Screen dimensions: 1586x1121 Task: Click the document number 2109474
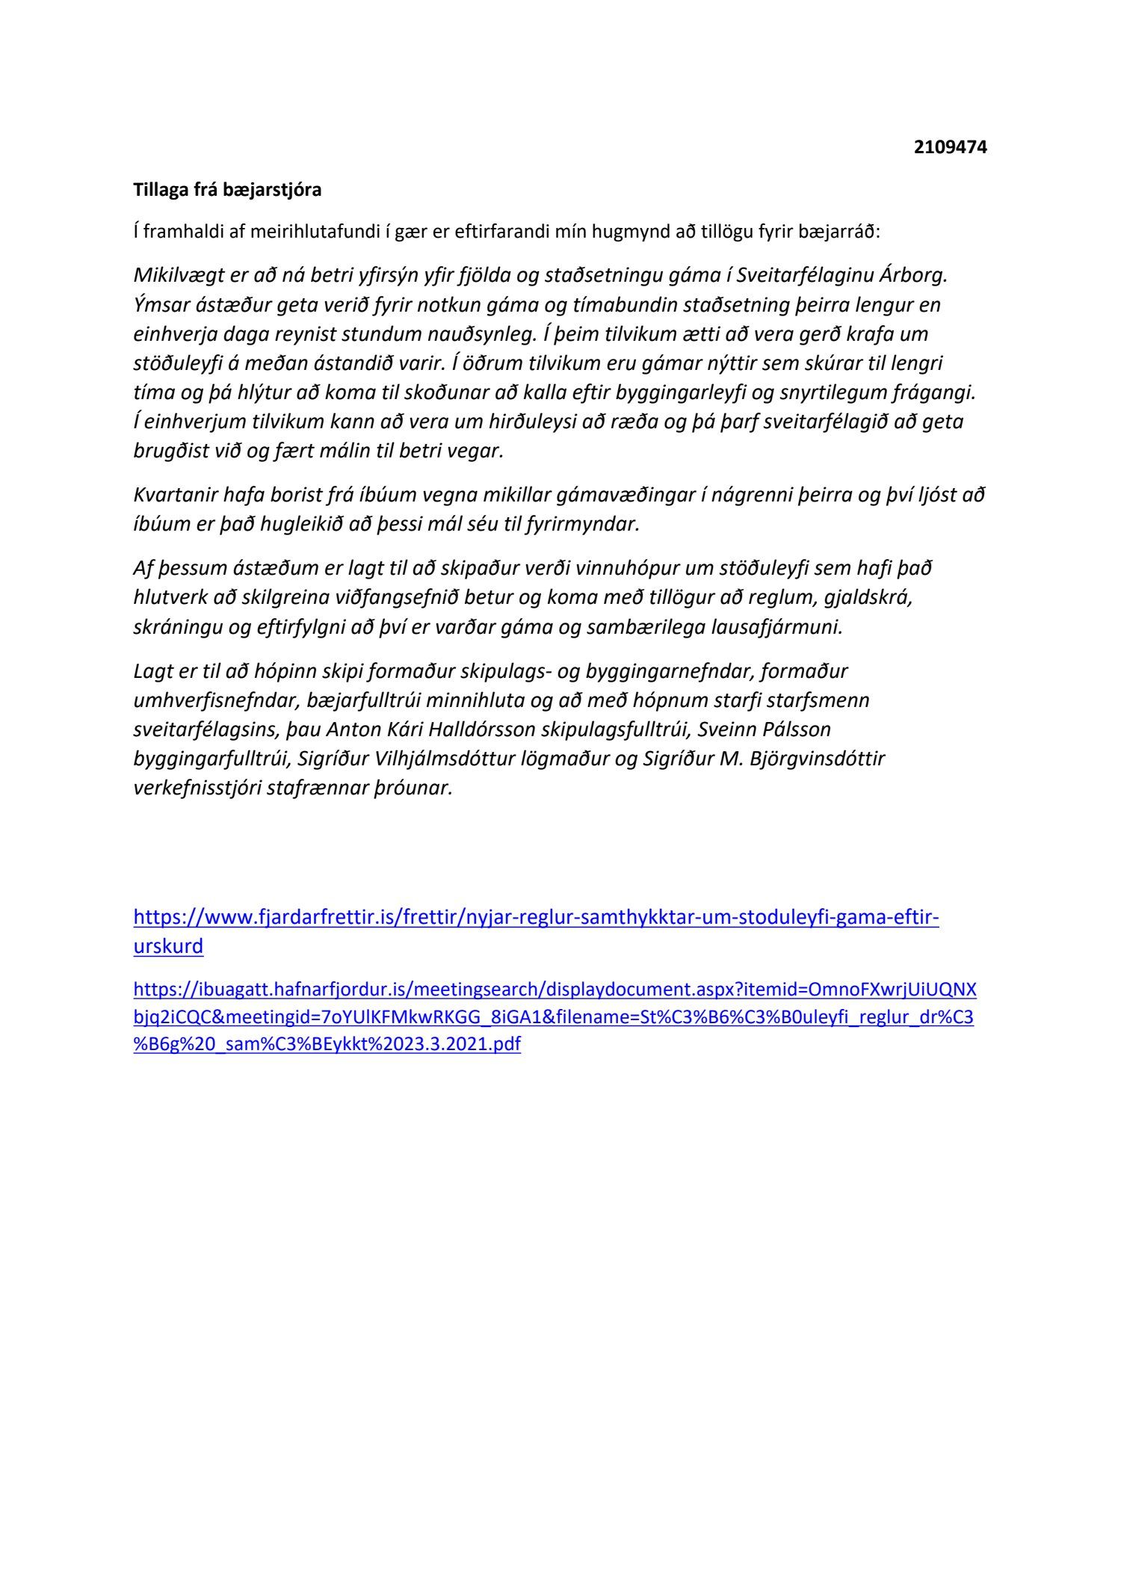pyautogui.click(x=950, y=147)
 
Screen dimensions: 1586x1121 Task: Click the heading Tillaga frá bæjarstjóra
pyautogui.click(x=227, y=190)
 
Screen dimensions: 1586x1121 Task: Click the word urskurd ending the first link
pyautogui.click(x=168, y=946)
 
